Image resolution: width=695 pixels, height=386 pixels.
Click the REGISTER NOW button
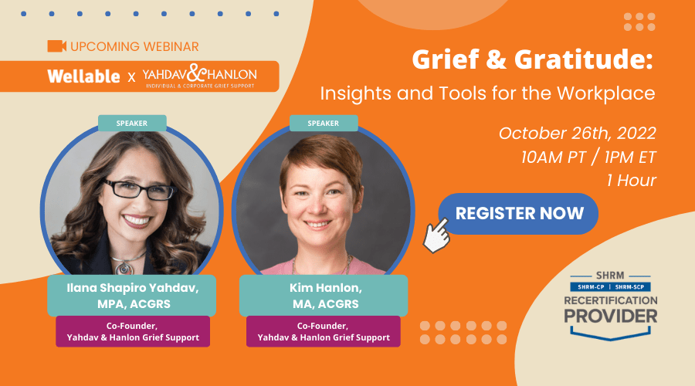point(518,214)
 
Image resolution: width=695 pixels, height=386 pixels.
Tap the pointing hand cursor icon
point(436,236)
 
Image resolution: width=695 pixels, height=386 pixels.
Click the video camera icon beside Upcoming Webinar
point(56,46)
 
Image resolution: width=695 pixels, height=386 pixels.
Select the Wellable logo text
point(83,76)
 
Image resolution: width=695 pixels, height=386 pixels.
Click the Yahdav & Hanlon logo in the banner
point(199,76)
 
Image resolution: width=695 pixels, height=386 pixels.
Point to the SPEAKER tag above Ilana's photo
point(132,124)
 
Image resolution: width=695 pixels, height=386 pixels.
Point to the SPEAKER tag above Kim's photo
point(324,124)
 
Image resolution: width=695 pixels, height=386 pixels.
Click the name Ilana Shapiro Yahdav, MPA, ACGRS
point(133,296)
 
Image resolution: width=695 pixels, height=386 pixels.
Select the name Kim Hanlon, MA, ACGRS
point(325,296)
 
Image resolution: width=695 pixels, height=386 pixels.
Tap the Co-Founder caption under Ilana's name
point(133,331)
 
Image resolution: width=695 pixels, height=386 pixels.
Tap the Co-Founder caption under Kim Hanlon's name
point(324,331)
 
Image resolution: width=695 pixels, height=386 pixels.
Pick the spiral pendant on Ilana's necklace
point(124,268)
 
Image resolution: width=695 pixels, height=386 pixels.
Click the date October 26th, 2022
point(577,134)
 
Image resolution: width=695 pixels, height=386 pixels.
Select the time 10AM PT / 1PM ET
point(588,157)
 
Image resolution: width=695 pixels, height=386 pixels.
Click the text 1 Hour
point(631,181)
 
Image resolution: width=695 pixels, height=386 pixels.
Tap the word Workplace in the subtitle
point(606,93)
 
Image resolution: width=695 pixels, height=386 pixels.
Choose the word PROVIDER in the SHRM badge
point(610,316)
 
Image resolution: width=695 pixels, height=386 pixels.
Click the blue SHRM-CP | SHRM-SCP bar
point(610,286)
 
